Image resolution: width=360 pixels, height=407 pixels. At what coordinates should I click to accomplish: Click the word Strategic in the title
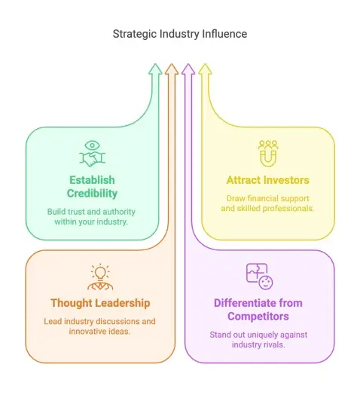(x=135, y=34)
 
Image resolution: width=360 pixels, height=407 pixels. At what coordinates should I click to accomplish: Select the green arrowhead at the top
(x=155, y=69)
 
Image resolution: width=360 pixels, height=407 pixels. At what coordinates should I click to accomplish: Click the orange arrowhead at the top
(x=172, y=69)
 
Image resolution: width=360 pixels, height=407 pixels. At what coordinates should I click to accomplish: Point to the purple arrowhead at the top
(x=188, y=69)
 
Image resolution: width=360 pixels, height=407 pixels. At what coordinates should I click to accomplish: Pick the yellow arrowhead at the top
(x=205, y=69)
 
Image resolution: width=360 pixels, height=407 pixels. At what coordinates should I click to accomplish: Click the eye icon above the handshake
(x=92, y=145)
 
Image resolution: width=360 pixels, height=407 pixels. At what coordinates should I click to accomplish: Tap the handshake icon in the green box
(x=93, y=159)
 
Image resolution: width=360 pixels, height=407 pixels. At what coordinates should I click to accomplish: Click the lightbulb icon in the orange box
(x=100, y=272)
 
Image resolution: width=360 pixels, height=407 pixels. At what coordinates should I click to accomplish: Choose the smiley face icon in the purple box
(x=266, y=283)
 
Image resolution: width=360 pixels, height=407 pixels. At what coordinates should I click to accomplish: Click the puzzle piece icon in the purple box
(x=257, y=273)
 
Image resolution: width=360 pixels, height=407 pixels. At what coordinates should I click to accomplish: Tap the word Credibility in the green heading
(x=92, y=194)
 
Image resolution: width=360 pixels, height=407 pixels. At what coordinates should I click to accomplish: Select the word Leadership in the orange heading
(x=122, y=303)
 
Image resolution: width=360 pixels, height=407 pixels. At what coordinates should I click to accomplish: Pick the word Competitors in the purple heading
(x=258, y=317)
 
